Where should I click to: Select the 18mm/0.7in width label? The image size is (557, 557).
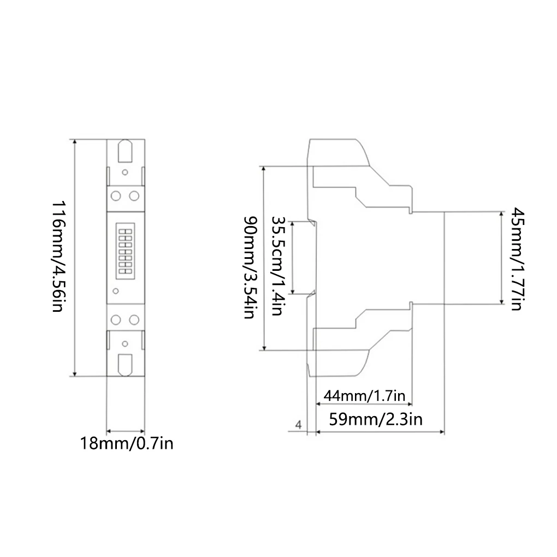(127, 443)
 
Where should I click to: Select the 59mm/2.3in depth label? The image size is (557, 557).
(376, 419)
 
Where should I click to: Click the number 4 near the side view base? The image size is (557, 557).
(298, 424)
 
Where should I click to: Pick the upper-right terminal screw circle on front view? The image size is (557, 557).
(134, 195)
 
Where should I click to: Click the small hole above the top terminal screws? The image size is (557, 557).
(125, 173)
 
